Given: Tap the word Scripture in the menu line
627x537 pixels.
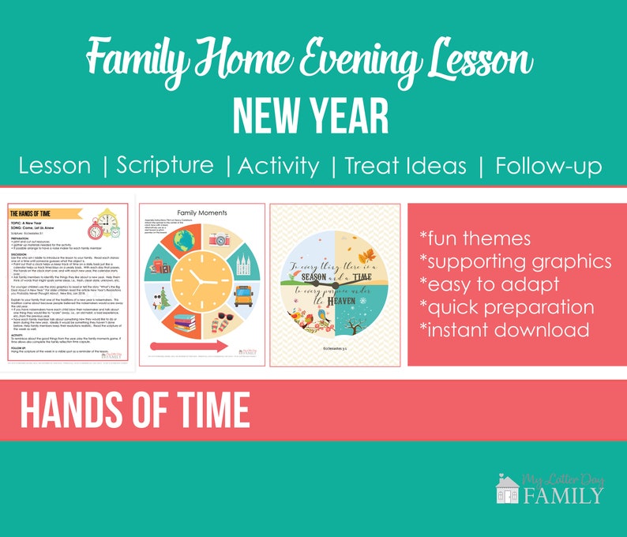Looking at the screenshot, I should click(165, 166).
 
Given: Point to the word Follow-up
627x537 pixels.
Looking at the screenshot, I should click(548, 166).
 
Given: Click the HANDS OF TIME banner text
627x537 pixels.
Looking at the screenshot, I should click(134, 411).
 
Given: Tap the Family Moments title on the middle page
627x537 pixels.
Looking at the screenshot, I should click(201, 213).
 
